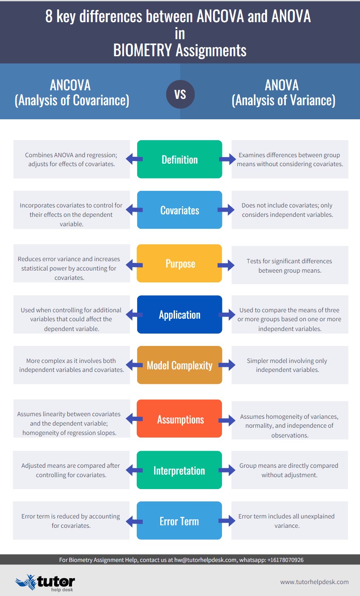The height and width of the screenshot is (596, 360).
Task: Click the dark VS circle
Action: (x=180, y=94)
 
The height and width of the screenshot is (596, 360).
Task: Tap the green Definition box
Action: (x=180, y=159)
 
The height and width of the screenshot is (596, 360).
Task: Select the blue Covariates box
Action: (x=180, y=210)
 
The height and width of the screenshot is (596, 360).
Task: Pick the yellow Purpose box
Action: (x=179, y=263)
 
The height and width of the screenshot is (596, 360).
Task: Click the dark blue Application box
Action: (x=180, y=314)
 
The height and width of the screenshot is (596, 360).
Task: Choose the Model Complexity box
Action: (x=180, y=365)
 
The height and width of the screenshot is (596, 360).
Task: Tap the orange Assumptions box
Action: (x=179, y=418)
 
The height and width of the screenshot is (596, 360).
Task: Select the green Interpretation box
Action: (x=179, y=470)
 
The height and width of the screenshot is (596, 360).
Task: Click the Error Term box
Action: (x=179, y=521)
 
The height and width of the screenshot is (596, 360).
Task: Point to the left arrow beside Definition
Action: (x=134, y=159)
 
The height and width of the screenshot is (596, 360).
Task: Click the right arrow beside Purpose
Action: (x=226, y=265)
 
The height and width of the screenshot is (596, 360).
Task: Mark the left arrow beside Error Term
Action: (x=134, y=521)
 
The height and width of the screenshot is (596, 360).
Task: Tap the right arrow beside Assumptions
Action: (x=227, y=420)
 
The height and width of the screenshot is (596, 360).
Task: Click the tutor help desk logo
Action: (x=45, y=582)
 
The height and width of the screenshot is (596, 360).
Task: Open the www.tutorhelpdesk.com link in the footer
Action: (x=314, y=582)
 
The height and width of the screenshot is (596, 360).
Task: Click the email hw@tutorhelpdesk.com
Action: (x=205, y=560)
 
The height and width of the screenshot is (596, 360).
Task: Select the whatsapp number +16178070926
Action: (x=285, y=560)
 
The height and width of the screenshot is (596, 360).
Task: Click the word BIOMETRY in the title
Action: (x=142, y=50)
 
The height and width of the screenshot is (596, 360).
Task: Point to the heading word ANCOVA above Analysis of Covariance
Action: (x=70, y=85)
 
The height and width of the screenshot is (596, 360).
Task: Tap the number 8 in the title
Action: (x=49, y=16)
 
